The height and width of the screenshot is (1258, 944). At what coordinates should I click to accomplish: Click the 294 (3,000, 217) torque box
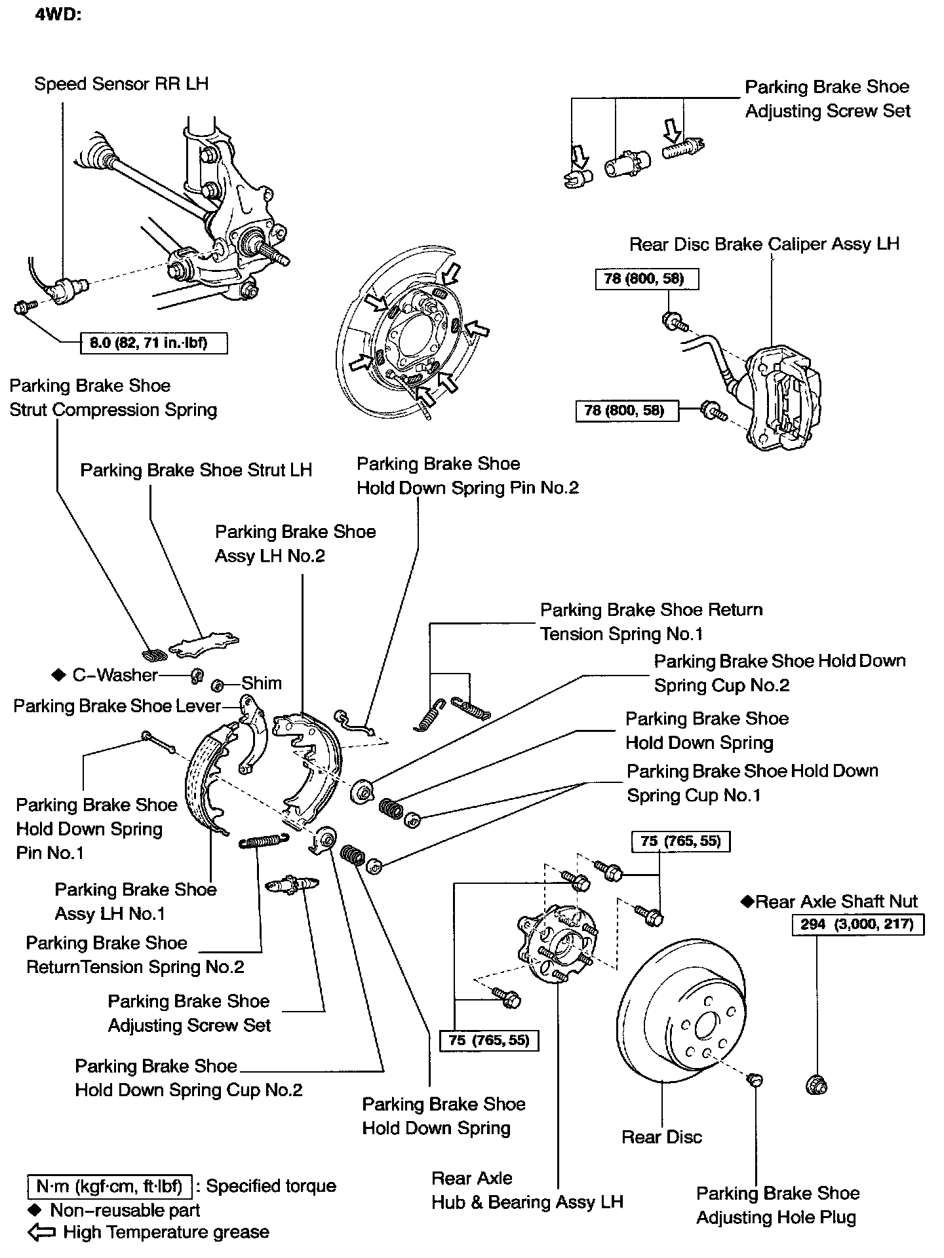(x=857, y=925)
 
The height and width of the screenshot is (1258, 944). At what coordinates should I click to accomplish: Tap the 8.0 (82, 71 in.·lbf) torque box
(x=154, y=343)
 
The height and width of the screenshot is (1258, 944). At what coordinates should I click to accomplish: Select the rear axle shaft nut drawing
(x=817, y=1084)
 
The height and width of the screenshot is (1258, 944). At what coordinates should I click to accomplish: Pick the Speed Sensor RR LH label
(x=121, y=84)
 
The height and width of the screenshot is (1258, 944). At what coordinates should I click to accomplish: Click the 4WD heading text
(x=58, y=16)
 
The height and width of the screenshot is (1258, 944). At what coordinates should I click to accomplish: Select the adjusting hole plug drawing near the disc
(x=755, y=1078)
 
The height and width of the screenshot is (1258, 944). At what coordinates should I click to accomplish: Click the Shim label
(x=262, y=683)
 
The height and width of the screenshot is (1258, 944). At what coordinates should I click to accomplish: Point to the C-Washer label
(x=115, y=676)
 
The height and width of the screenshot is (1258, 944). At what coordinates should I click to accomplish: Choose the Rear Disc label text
(x=661, y=1137)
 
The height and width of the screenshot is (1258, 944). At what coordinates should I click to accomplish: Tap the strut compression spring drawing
(x=155, y=654)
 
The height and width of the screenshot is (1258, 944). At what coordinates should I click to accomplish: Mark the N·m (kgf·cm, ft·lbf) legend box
(x=109, y=1186)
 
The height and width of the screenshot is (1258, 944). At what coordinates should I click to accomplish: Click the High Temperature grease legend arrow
(x=43, y=1232)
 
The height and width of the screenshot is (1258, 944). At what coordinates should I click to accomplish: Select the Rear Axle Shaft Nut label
(x=836, y=902)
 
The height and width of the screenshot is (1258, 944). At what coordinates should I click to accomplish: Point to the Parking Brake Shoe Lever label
(x=117, y=706)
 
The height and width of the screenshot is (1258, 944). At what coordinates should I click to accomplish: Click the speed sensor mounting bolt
(x=23, y=306)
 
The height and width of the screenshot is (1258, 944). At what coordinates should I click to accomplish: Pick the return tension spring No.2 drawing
(x=262, y=841)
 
